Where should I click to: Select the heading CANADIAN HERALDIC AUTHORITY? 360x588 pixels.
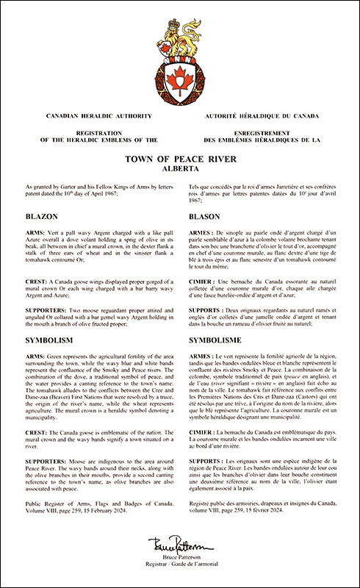click(98, 117)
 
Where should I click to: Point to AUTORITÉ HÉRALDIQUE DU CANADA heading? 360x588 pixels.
click(262, 117)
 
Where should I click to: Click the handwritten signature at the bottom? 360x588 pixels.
click(180, 546)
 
